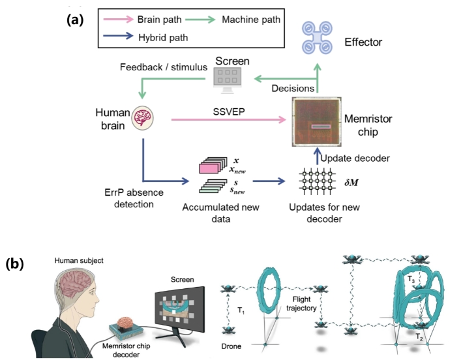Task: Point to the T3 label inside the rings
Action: coord(410,279)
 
